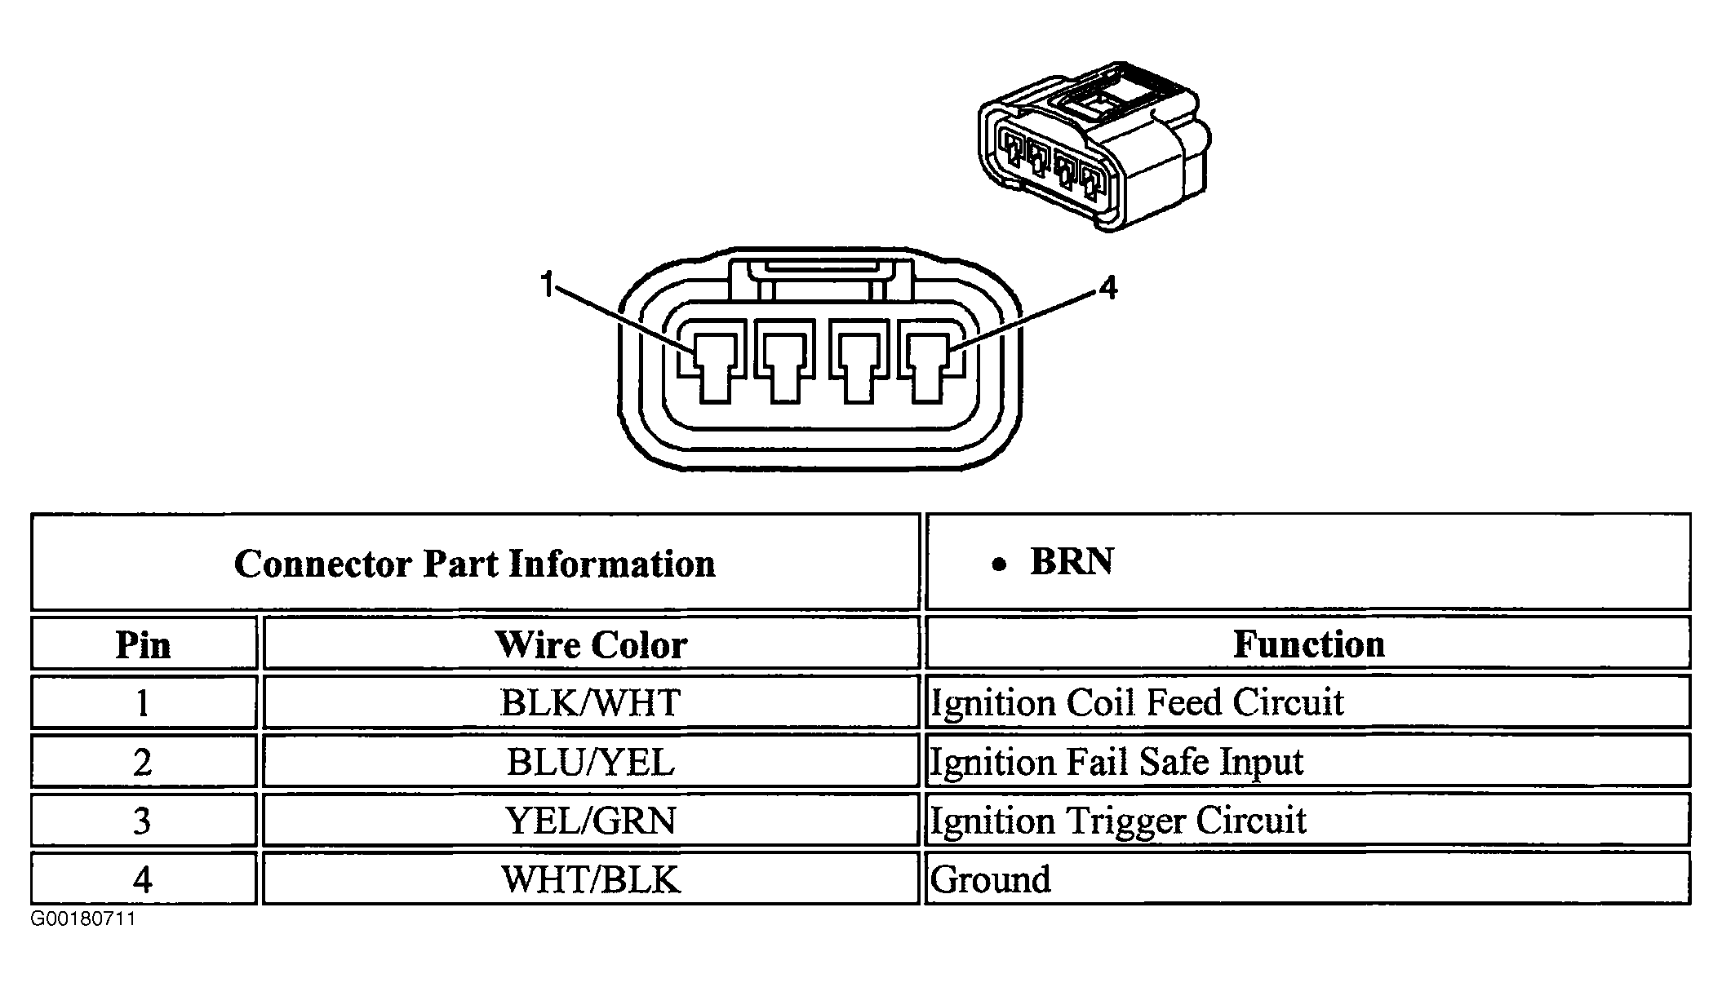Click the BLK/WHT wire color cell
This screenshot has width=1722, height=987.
click(x=591, y=702)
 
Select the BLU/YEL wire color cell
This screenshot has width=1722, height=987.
click(x=591, y=762)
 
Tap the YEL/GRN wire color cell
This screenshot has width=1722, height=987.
click(x=591, y=821)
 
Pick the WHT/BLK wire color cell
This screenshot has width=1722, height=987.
click(x=591, y=879)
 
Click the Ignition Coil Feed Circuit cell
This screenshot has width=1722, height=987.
click(x=1137, y=702)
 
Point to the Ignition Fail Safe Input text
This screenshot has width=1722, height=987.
click(x=1116, y=762)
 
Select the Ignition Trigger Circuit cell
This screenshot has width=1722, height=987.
click(x=1118, y=821)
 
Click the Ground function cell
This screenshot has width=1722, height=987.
click(x=991, y=879)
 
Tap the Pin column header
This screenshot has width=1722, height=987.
click(x=144, y=644)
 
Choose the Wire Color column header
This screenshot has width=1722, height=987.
click(x=591, y=644)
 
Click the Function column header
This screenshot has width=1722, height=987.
click(x=1308, y=644)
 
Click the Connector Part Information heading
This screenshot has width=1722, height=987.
click(x=475, y=564)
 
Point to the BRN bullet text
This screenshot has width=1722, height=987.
click(x=1071, y=562)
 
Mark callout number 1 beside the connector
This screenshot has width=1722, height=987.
click(x=547, y=286)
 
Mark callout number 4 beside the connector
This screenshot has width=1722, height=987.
click(x=1107, y=288)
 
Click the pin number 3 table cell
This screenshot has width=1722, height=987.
click(x=144, y=821)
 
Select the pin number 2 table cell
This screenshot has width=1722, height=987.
click(x=144, y=762)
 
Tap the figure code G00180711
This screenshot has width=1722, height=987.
click(x=83, y=919)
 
